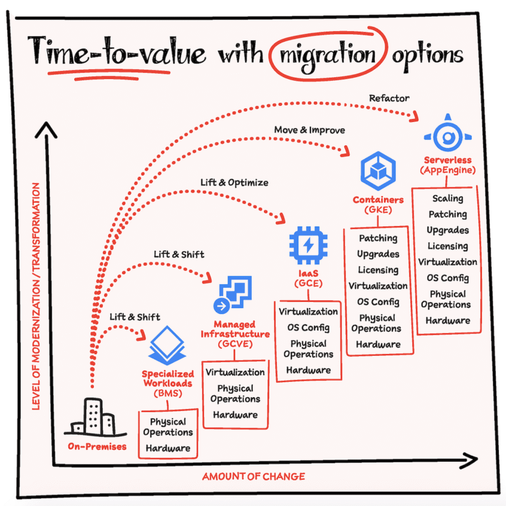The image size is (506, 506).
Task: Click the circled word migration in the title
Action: (x=328, y=56)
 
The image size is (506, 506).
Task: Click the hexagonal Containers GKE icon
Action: (x=378, y=171)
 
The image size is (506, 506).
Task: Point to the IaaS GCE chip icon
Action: (x=308, y=245)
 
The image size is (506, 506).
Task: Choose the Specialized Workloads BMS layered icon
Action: (x=167, y=345)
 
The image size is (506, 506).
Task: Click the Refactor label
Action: (x=389, y=98)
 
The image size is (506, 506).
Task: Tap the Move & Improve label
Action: (x=309, y=130)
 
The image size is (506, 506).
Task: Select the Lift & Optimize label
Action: (x=234, y=182)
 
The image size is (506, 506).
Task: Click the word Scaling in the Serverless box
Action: (x=448, y=198)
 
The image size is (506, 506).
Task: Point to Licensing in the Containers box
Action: (x=378, y=270)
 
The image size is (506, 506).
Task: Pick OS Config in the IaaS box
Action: (x=308, y=328)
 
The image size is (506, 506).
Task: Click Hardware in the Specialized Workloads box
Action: (x=168, y=448)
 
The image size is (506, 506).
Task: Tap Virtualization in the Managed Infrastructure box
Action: (x=235, y=372)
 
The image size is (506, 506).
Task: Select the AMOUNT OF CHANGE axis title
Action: (x=254, y=477)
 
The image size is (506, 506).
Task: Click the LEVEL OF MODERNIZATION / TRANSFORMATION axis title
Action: (x=36, y=296)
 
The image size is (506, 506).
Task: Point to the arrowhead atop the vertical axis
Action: (x=46, y=129)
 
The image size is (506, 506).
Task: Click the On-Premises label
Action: (x=97, y=447)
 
